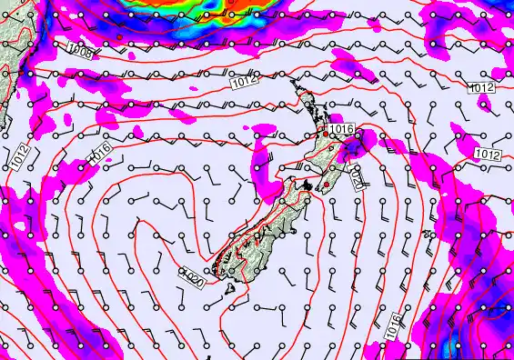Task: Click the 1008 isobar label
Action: coord(80,51)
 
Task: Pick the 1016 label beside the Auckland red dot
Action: coord(341,130)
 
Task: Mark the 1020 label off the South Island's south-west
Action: coord(191,278)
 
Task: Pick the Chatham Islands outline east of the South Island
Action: coord(428,235)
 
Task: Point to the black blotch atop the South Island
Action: coord(308,185)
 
